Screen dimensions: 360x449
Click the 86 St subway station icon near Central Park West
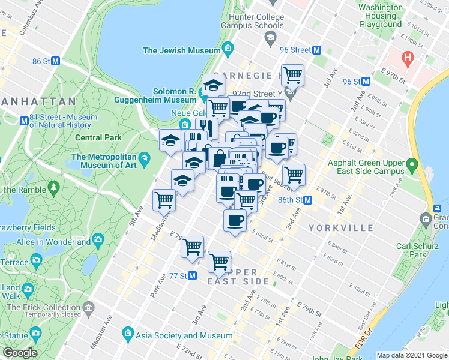point(55,61)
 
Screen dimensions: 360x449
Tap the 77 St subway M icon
point(192,276)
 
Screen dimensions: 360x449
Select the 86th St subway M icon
point(307,200)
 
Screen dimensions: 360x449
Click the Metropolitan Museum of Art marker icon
point(144,160)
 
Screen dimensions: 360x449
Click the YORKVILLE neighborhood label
point(333,228)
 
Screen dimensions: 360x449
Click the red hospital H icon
point(408,58)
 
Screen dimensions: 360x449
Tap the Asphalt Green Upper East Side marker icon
point(412,164)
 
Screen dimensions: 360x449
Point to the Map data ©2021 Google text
point(412,355)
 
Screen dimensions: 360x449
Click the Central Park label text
point(98,137)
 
